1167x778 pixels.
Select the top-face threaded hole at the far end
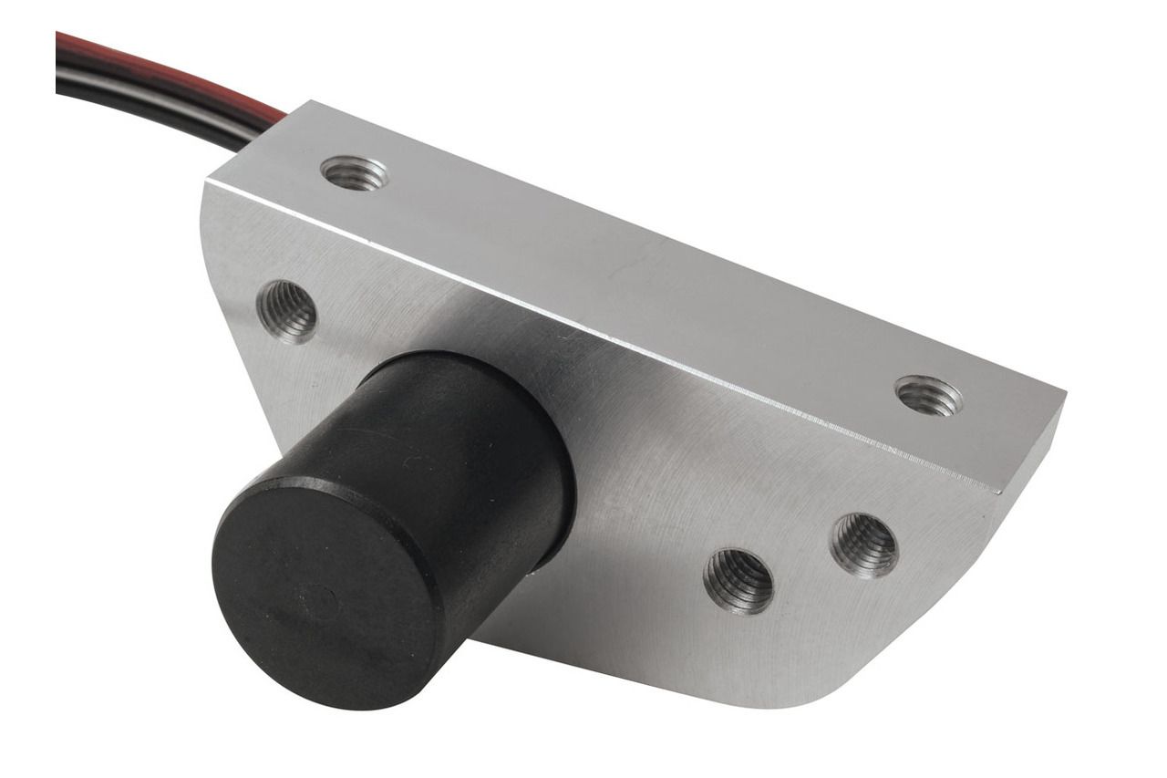(x=928, y=395)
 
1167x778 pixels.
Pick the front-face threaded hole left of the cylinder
(x=287, y=311)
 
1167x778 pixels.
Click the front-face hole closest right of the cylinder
(x=738, y=580)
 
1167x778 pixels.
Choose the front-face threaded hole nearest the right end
(x=863, y=545)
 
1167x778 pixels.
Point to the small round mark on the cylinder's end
(x=318, y=603)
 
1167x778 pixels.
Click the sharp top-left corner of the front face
(x=206, y=182)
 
